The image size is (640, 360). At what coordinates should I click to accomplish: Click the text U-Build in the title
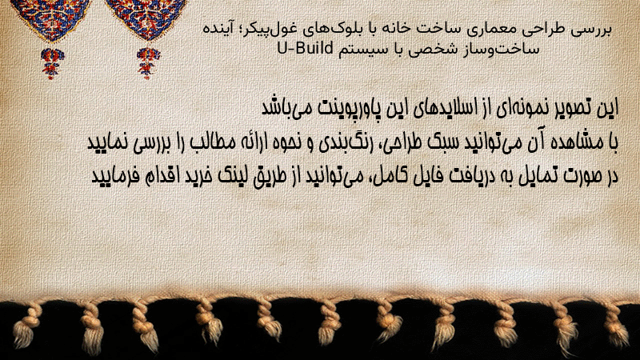[305, 48]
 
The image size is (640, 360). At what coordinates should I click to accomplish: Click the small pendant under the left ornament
[52, 62]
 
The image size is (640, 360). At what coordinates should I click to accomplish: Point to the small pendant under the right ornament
[148, 62]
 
